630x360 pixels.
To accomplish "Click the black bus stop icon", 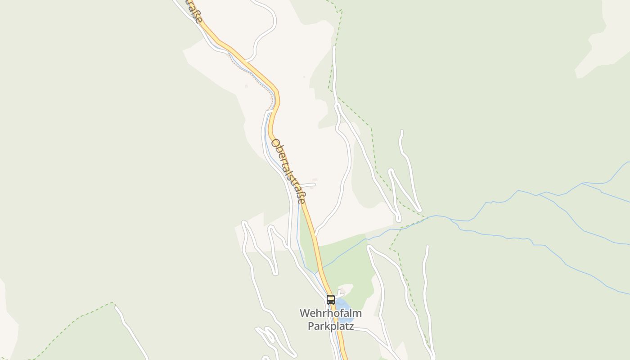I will (x=331, y=299).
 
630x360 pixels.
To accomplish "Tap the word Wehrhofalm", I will (x=331, y=313).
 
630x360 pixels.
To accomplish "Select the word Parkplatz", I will (x=331, y=326).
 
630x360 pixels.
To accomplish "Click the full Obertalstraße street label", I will (x=288, y=171).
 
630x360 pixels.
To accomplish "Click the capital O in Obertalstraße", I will (x=275, y=144).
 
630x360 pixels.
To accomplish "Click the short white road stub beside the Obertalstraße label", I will (x=309, y=184).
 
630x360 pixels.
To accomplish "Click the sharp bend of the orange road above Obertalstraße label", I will (x=277, y=92).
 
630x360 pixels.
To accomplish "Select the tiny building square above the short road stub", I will (x=315, y=180).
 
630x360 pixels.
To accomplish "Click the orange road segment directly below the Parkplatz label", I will (x=343, y=344).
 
